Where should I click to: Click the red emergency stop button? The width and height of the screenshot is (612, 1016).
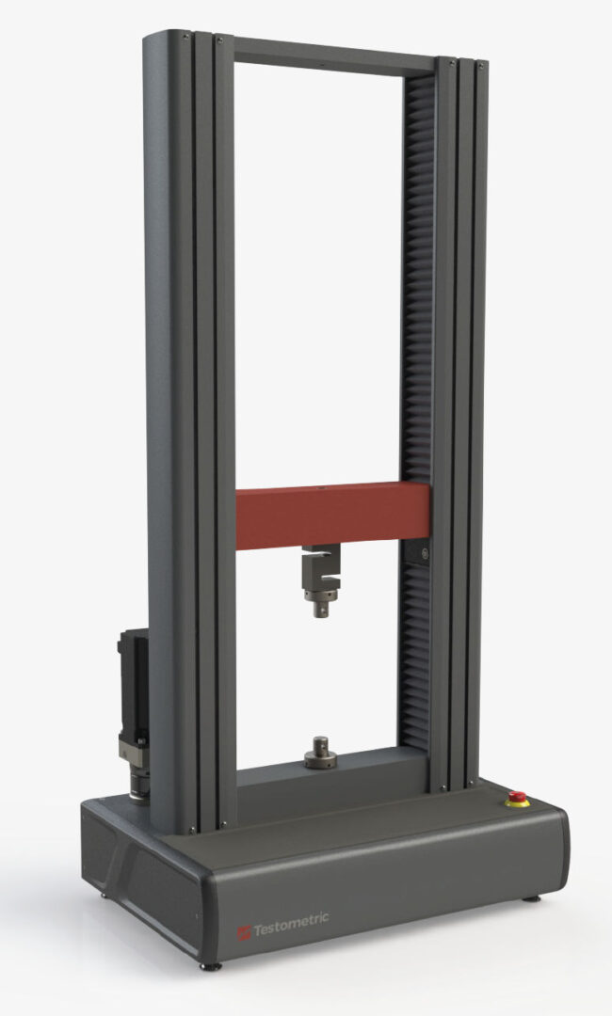517,798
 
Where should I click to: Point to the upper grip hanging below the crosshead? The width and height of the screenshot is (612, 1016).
319,579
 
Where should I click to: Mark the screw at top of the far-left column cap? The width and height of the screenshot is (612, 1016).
185,35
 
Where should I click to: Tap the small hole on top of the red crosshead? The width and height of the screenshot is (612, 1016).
321,488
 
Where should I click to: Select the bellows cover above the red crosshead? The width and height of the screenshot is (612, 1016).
416,282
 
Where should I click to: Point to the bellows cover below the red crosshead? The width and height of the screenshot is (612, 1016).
414,659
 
